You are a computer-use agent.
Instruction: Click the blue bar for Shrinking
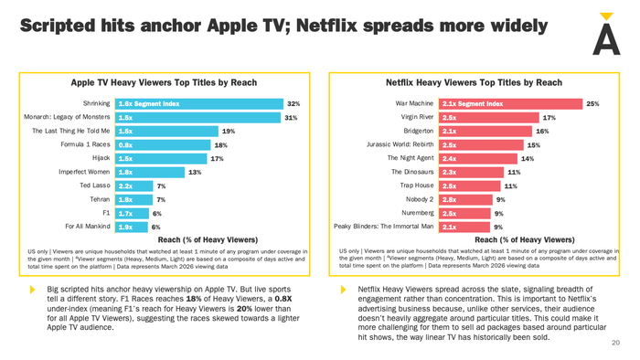click(199, 104)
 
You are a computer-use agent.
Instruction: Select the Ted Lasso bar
click(133, 185)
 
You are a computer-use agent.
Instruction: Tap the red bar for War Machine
click(510, 104)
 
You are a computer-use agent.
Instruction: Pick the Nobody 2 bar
click(465, 200)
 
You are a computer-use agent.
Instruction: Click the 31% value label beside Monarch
click(291, 118)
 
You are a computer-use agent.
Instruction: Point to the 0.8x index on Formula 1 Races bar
click(125, 145)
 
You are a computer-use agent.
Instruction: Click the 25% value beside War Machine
click(592, 104)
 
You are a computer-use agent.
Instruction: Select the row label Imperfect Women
click(84, 172)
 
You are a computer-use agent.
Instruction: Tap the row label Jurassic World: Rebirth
click(400, 144)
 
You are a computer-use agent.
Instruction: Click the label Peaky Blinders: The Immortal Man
click(384, 227)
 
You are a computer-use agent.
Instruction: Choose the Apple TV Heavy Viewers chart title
click(164, 83)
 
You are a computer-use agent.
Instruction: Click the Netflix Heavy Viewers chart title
click(474, 83)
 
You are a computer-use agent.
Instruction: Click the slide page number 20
click(615, 343)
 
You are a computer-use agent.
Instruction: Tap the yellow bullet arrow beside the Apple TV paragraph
click(33, 290)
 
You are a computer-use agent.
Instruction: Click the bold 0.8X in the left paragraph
click(283, 299)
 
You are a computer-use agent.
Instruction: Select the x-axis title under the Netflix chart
click(525, 239)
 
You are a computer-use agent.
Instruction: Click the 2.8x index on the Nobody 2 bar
click(450, 200)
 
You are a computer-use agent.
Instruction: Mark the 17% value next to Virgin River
click(549, 118)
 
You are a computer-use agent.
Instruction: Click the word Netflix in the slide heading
click(326, 26)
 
